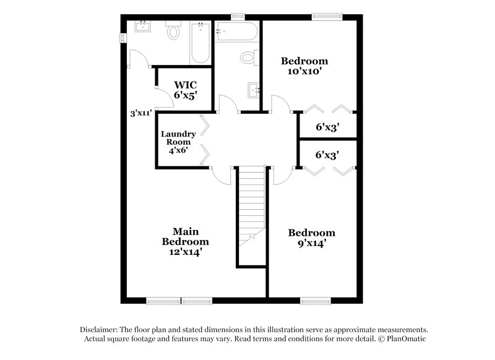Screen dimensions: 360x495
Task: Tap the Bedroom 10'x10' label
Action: point(304,66)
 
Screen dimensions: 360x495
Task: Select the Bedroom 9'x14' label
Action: point(312,238)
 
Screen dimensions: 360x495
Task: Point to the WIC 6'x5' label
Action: point(185,89)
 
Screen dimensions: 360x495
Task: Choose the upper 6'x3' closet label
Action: point(327,127)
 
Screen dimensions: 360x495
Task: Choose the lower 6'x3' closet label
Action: point(327,155)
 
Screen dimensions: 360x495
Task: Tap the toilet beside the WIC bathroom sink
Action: point(173,31)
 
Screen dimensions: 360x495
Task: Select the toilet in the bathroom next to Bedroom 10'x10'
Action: point(247,58)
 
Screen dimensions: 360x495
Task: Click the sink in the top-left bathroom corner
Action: point(144,26)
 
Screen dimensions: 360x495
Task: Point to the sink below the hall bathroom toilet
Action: point(254,90)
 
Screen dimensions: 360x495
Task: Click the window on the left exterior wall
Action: point(122,38)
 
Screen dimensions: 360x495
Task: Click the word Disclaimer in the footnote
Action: point(101,330)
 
